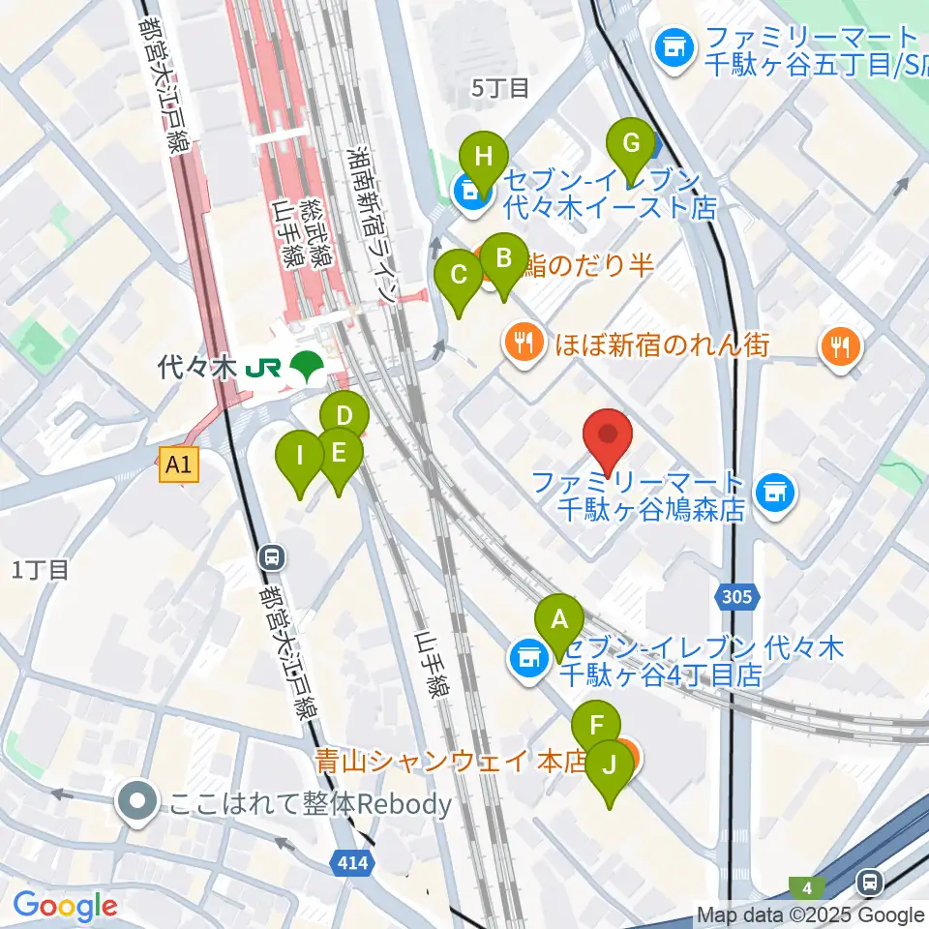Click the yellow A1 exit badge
coord(179,465)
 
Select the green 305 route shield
coord(737,597)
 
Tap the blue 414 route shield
coord(354,861)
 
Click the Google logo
coord(65,906)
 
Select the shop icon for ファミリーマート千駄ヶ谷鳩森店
coord(773,494)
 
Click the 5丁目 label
coord(500,88)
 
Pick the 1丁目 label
coord(41,570)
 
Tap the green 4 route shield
coord(806,886)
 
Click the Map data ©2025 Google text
coord(811,915)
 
